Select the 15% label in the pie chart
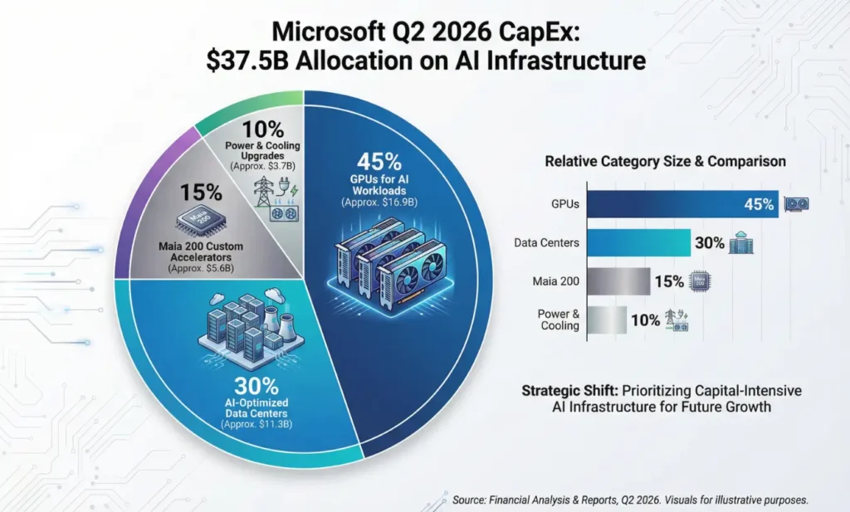pos(202,193)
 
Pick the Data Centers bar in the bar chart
pos(639,243)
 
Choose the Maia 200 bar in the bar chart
pos(618,281)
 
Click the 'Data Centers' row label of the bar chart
pos(547,243)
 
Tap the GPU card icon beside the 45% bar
pos(797,204)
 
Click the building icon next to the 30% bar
pos(740,243)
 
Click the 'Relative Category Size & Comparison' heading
pos(665,161)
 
